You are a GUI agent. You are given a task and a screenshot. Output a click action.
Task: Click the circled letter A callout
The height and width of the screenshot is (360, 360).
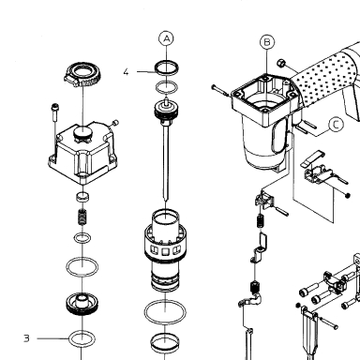tap(167, 38)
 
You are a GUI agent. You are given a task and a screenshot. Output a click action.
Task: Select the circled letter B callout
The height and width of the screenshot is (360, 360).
tap(267, 42)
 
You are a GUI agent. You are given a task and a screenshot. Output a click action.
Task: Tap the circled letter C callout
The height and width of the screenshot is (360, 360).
tap(336, 125)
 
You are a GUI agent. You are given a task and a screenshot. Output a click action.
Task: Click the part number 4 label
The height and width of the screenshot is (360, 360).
tap(126, 72)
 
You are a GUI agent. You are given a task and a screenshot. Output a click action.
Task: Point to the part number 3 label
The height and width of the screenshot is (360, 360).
tap(26, 338)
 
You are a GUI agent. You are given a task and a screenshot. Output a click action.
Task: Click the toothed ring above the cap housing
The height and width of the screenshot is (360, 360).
tap(83, 75)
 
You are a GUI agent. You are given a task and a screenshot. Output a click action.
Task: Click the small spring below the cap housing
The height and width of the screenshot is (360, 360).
tap(82, 217)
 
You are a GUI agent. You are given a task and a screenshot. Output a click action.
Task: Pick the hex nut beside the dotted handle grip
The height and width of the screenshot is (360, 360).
tap(281, 63)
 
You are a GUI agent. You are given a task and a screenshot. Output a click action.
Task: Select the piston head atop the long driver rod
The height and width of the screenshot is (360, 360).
tap(167, 111)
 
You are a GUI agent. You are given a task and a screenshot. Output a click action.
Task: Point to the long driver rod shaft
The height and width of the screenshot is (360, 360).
tap(166, 162)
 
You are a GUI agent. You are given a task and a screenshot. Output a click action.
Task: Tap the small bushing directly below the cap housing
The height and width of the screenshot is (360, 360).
tap(82, 197)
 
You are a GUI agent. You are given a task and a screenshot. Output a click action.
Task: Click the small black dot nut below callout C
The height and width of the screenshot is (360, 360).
tap(347, 195)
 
